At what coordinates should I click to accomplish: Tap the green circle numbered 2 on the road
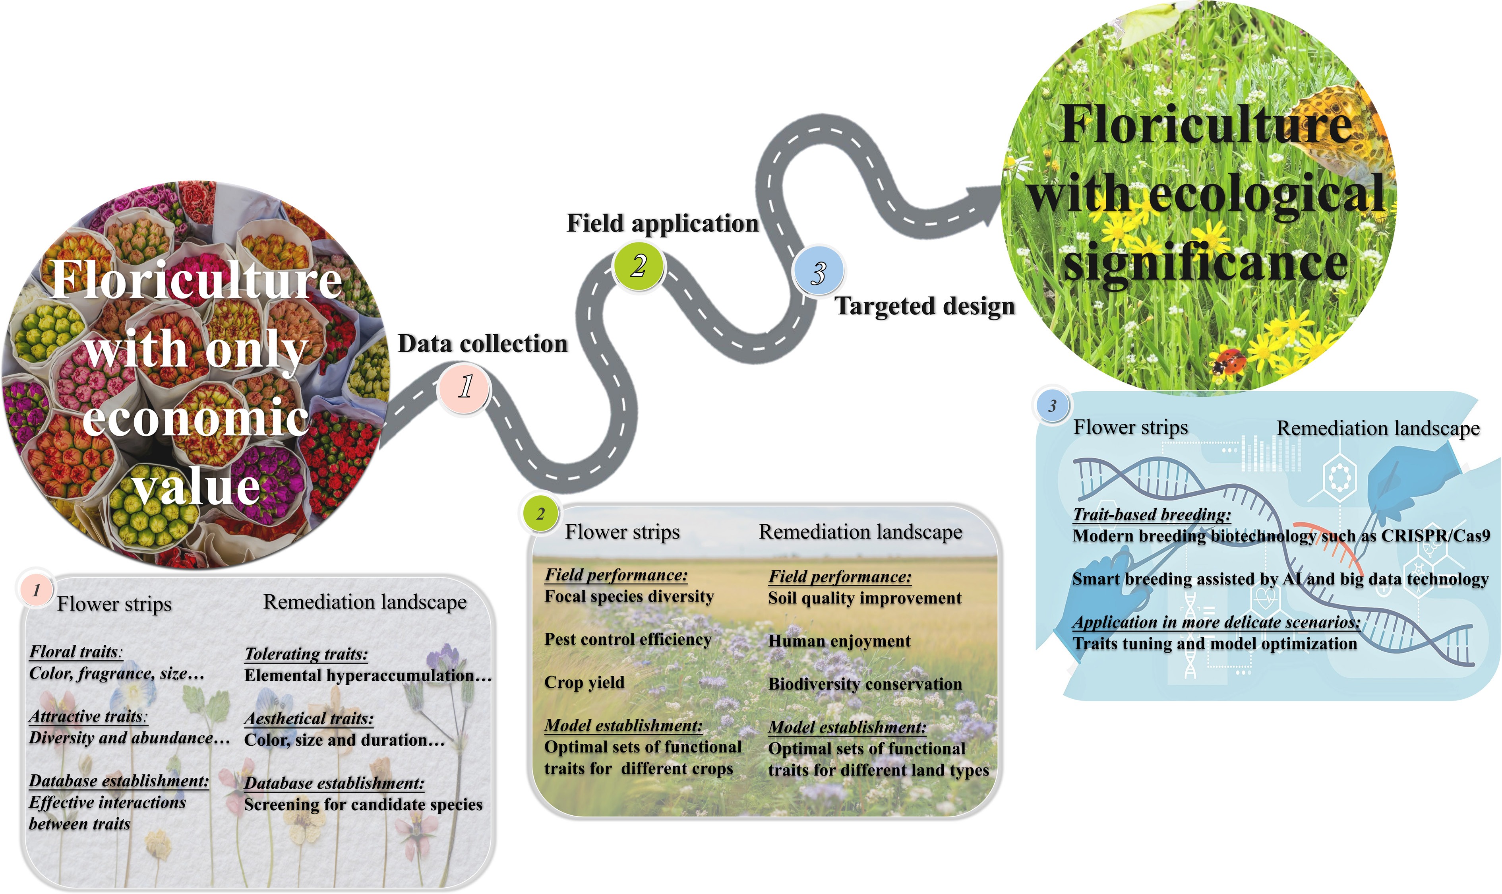pos(638,266)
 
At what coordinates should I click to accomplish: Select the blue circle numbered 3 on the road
pos(817,273)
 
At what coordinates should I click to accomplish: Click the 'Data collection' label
pos(483,344)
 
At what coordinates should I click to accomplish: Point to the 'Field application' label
pos(662,223)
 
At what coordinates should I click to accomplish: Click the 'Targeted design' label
pos(925,306)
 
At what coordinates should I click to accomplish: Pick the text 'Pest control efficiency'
pos(627,639)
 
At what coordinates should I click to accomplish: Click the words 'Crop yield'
pos(584,683)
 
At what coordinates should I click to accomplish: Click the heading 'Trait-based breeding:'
pos(1151,514)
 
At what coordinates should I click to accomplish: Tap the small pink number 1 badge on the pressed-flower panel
pos(36,590)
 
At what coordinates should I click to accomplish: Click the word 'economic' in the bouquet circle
pos(195,417)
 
